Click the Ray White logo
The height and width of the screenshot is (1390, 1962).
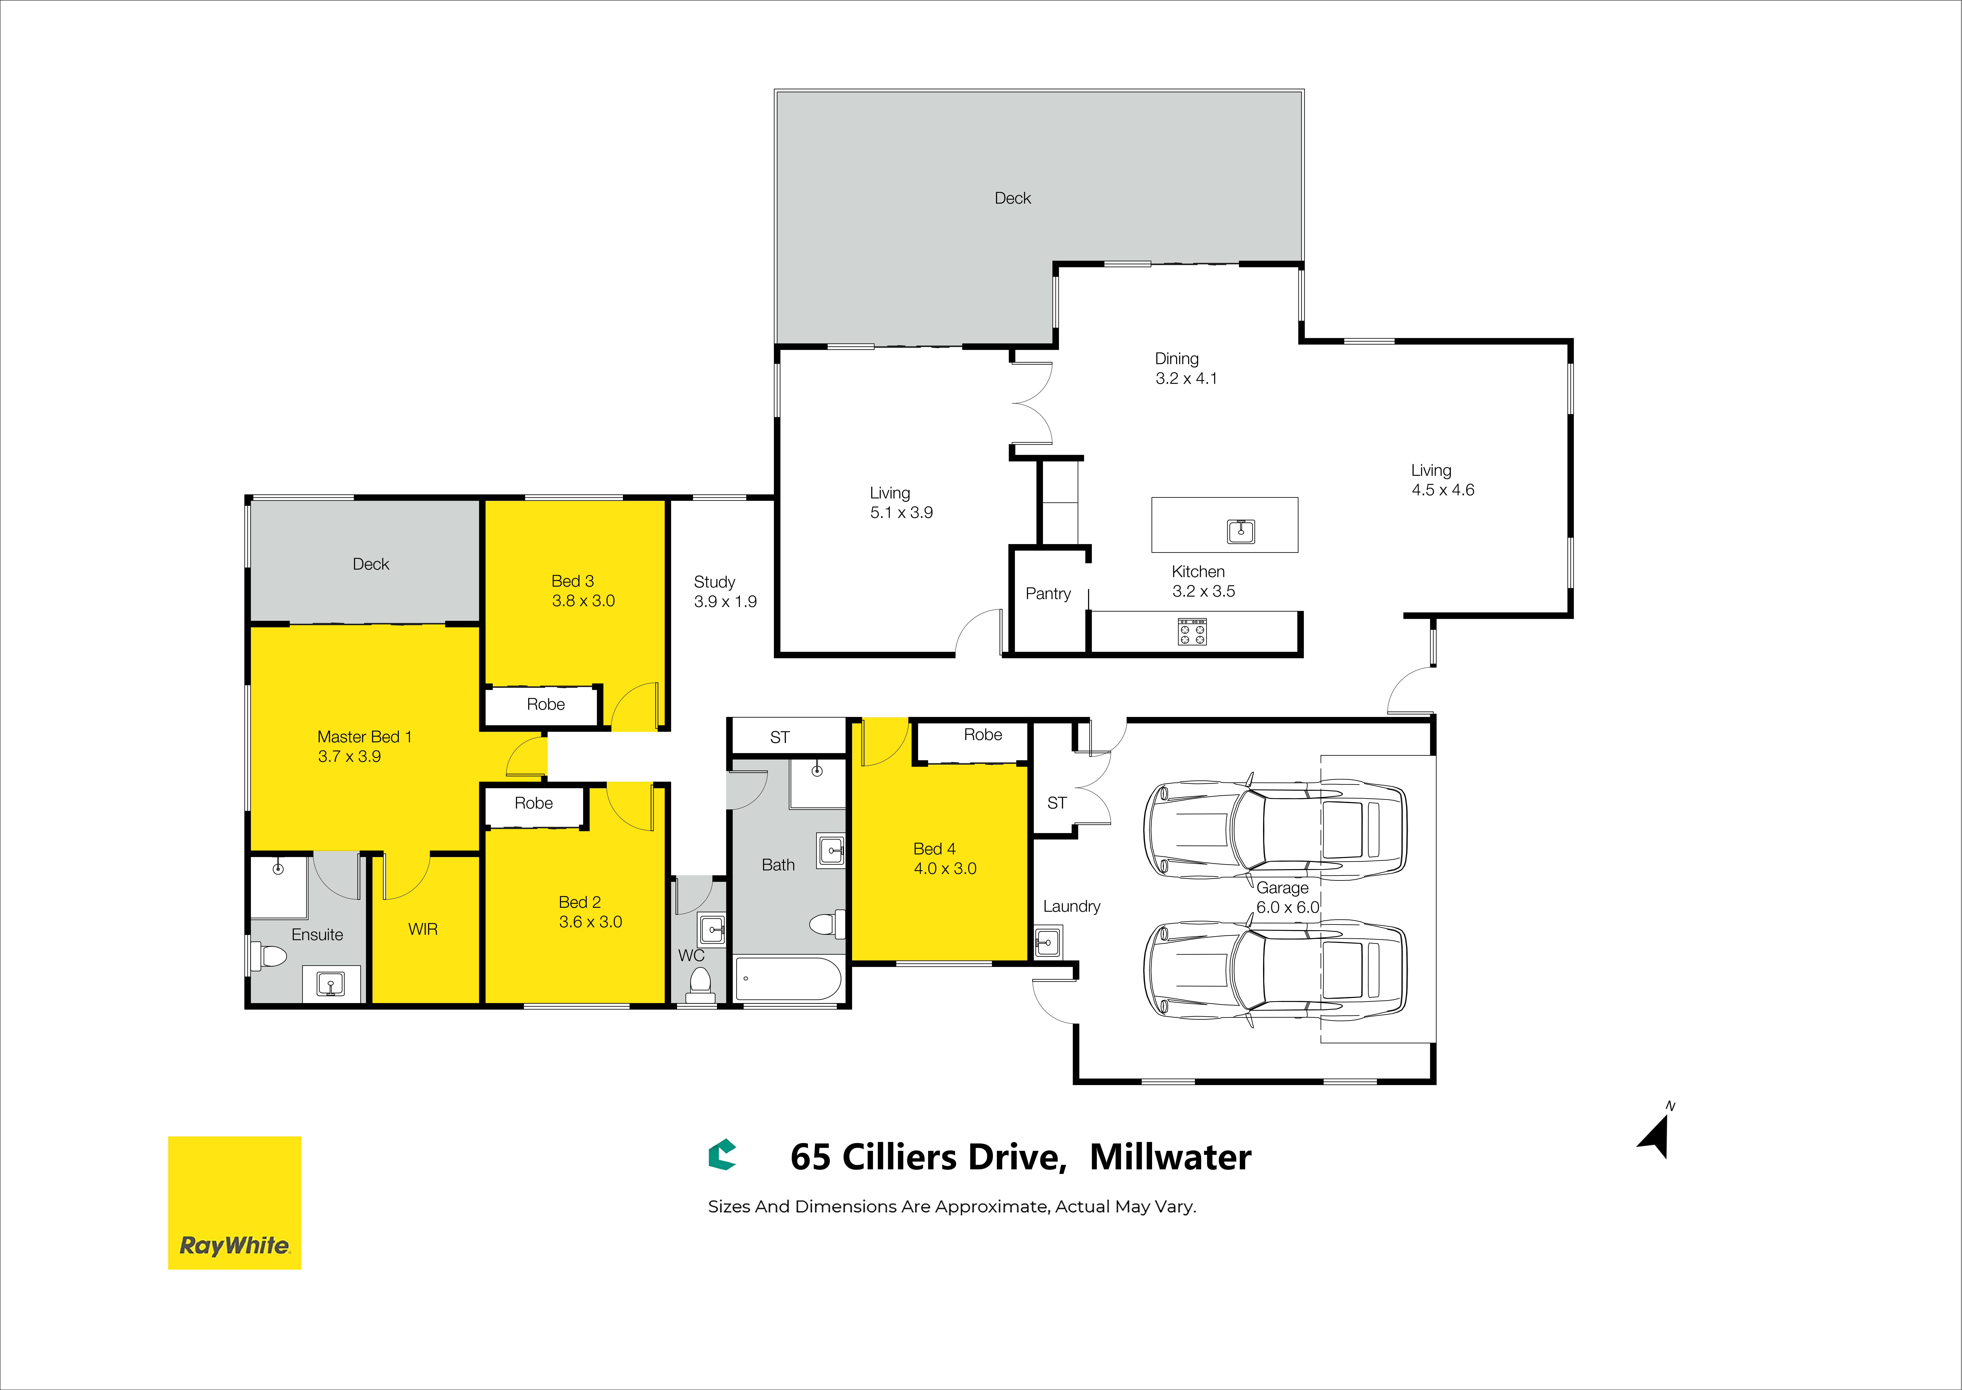pos(235,1203)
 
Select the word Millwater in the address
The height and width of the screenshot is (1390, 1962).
pos(1170,1157)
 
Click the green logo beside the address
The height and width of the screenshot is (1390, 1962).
pos(722,1155)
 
